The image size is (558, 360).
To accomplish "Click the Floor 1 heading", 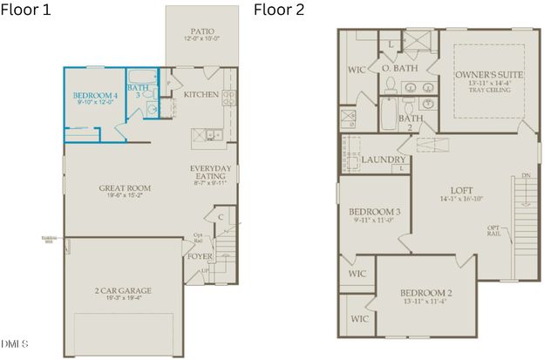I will point(26,10).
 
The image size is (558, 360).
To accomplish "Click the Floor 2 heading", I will point(278,10).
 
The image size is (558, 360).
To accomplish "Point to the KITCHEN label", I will point(201,94).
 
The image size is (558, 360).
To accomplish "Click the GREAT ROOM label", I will point(126,187).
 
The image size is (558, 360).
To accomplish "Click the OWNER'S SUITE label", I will point(489,76).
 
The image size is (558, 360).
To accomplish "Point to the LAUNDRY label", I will point(383,160).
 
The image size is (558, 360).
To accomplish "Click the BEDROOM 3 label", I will point(374,212).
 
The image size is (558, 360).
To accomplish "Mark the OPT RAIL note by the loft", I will point(493,231).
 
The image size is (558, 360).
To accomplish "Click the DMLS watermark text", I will point(15,344).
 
